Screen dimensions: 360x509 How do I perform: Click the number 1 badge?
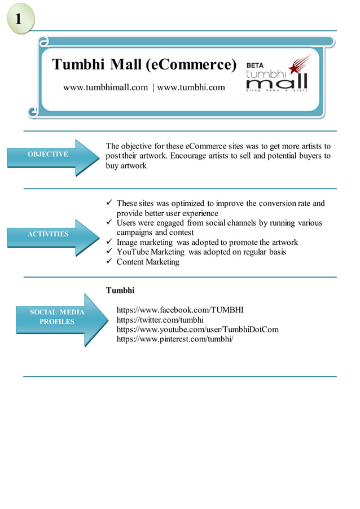19,19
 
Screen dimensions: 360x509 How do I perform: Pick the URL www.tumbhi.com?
191,87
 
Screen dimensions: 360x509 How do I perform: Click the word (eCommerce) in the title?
191,65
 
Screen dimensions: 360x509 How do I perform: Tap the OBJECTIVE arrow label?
49,154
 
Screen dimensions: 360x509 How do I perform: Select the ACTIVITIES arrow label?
49,234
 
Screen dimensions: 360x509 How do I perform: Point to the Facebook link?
180,310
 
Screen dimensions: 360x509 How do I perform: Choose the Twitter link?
160,319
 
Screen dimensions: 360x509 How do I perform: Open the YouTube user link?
197,329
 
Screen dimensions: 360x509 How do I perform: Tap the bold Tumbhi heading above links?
120,291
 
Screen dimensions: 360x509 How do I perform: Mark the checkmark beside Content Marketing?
109,261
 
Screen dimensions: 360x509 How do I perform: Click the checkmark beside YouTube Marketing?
109,252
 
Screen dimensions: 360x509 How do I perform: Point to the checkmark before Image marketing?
109,242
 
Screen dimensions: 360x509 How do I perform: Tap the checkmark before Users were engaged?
109,223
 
